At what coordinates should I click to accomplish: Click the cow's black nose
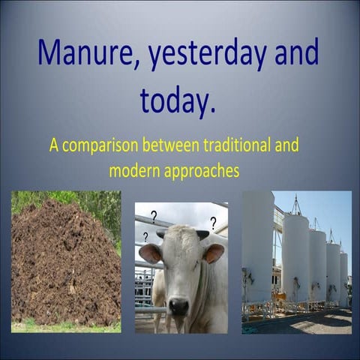pyautogui.click(x=178, y=305)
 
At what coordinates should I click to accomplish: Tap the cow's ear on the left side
pyautogui.click(x=150, y=253)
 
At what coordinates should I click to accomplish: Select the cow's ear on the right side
pyautogui.click(x=213, y=253)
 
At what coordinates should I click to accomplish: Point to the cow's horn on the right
pyautogui.click(x=202, y=235)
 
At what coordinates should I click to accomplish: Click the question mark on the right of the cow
pyautogui.click(x=213, y=223)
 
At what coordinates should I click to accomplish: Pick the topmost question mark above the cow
pyautogui.click(x=154, y=217)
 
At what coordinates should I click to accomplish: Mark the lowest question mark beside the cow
pyautogui.click(x=145, y=237)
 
